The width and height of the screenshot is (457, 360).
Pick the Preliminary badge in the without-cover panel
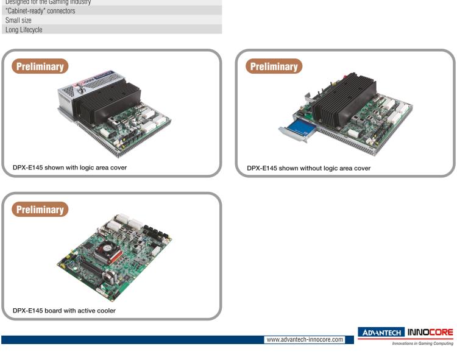[274, 66]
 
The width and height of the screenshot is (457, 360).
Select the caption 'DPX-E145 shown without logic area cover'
[308, 168]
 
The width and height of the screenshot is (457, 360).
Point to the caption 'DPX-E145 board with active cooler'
[64, 310]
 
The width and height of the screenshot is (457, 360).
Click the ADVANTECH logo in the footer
[382, 332]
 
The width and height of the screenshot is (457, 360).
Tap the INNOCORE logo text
[431, 332]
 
